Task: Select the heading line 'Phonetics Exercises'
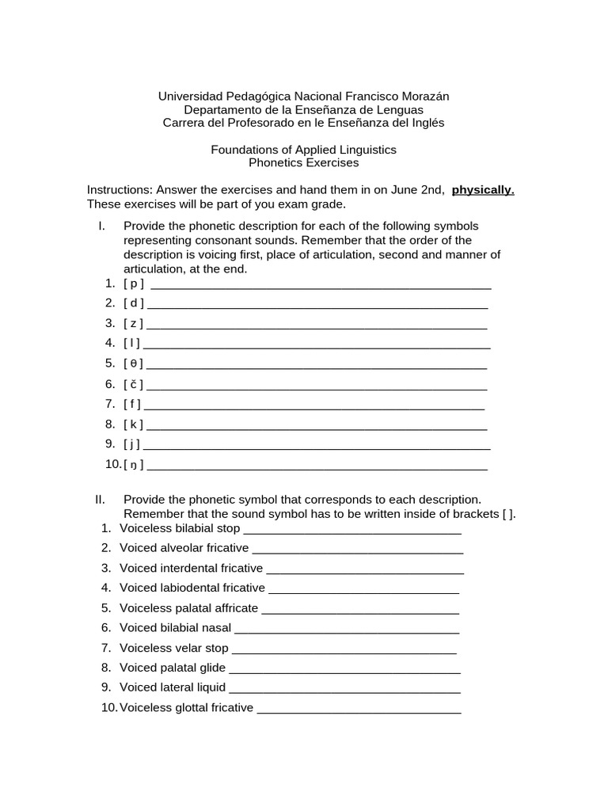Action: click(x=303, y=162)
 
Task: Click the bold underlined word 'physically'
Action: click(x=483, y=190)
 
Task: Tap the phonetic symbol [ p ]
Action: click(x=134, y=284)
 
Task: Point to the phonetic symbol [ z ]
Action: click(x=133, y=323)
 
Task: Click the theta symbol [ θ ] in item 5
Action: click(x=133, y=364)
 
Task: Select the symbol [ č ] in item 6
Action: click(x=133, y=384)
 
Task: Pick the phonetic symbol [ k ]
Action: click(x=133, y=424)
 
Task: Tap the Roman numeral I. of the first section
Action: click(x=102, y=226)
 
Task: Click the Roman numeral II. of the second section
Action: click(x=100, y=500)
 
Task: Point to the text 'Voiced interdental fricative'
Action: click(x=191, y=568)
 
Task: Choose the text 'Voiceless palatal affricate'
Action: click(x=188, y=608)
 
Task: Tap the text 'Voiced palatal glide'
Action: click(x=173, y=668)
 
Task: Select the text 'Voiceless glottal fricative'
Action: click(x=186, y=707)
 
